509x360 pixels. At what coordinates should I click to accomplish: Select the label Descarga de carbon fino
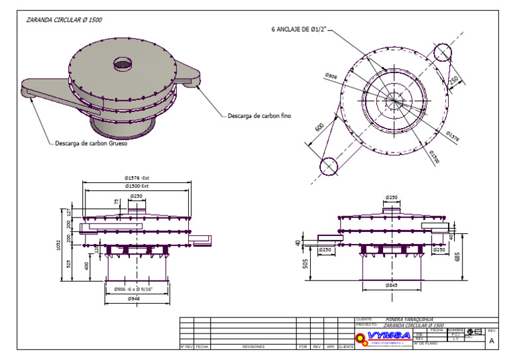coord(259,116)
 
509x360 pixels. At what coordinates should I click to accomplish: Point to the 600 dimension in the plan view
coord(319,127)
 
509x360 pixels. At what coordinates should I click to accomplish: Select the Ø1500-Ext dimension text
coord(136,186)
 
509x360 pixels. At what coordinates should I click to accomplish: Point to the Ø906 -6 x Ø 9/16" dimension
coord(133,289)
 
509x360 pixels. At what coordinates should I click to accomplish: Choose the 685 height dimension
coord(458,257)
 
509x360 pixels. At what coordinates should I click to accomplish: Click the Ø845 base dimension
coord(392,285)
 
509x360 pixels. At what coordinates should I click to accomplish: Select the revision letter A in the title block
coord(491,341)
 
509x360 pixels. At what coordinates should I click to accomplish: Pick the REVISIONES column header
coord(253,347)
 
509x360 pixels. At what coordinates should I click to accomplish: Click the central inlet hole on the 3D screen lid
coord(123,64)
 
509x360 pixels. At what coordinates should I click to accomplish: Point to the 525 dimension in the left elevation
coord(68,263)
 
